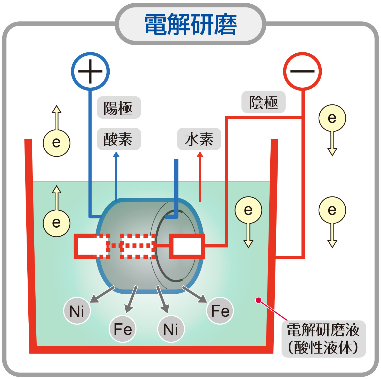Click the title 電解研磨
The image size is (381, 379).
click(190, 24)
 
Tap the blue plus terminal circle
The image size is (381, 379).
click(90, 71)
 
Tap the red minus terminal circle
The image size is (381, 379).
click(302, 71)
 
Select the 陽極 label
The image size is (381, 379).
click(119, 108)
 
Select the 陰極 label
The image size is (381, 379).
click(263, 102)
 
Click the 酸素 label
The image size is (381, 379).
click(119, 139)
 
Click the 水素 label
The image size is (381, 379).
click(199, 139)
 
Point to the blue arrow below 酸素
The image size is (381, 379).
click(116, 175)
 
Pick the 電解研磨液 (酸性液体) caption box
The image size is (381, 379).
click(323, 339)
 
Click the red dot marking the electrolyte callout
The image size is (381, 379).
click(258, 300)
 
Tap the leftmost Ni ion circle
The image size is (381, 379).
click(77, 311)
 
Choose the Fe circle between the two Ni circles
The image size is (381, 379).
click(123, 329)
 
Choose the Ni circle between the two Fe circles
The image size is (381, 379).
click(171, 329)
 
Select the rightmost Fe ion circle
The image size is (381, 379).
click(220, 311)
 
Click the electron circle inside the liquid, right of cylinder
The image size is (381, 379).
click(248, 210)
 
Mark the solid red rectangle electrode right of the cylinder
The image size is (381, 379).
click(187, 246)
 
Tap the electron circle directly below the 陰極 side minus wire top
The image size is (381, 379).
click(332, 118)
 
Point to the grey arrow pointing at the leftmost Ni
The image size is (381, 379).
click(102, 294)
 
